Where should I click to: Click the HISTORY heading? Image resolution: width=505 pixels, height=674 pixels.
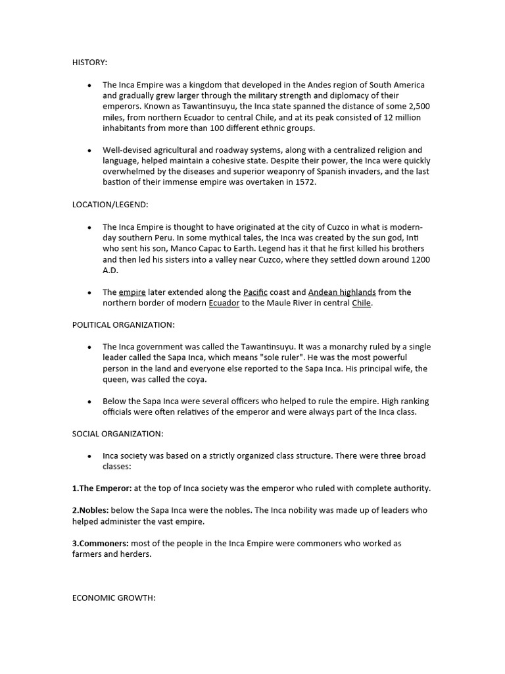pos(89,63)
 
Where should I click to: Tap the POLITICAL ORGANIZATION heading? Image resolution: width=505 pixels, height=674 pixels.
pos(123,324)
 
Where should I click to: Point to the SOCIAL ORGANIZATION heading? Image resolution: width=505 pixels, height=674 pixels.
pos(118,434)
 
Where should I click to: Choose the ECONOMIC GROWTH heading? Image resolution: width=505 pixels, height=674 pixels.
pos(113,598)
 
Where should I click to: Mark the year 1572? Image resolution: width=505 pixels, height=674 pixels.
pos(304,182)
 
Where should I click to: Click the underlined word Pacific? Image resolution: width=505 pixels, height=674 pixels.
pos(256,292)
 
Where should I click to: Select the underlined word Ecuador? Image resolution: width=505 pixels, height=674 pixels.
pos(224,303)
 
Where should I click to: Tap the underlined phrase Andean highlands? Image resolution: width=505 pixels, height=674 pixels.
pos(342,292)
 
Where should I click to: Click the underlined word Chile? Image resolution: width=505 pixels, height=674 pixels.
pos(361,303)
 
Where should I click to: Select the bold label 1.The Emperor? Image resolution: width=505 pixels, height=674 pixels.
pos(102,488)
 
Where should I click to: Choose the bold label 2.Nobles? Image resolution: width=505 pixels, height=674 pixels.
pos(91,510)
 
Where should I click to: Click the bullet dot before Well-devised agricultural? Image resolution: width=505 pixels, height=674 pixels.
pos(89,151)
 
